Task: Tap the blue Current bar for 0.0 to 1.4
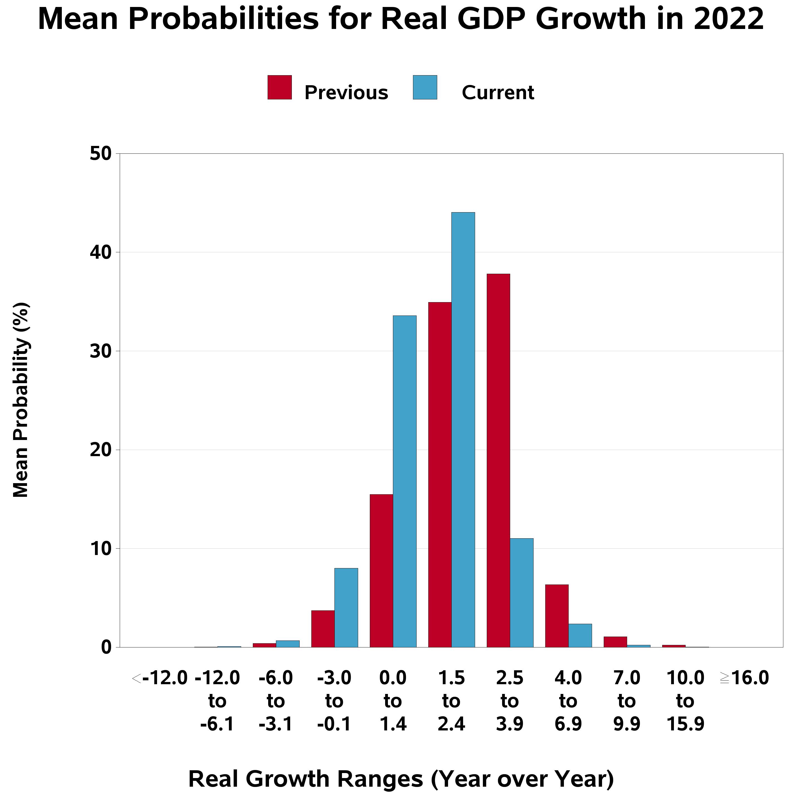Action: (x=404, y=481)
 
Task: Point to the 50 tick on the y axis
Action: (x=101, y=154)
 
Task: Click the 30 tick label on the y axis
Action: (x=101, y=351)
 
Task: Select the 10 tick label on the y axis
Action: (x=101, y=549)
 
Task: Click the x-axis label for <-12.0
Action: (x=160, y=678)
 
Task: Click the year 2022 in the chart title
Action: (x=728, y=19)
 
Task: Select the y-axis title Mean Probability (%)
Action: (x=21, y=400)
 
